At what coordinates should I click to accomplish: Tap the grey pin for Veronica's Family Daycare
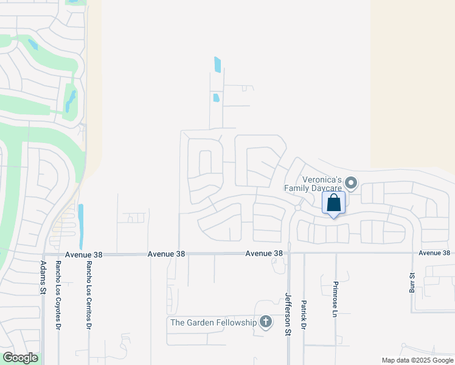[x=351, y=182]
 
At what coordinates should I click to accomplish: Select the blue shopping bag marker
[x=334, y=203]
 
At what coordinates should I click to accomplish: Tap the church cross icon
[x=265, y=322]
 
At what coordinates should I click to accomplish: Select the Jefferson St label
[x=288, y=314]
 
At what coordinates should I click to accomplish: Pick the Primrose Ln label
[x=335, y=299]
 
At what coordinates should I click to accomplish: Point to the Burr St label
[x=412, y=283]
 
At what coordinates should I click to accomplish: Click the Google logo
[x=20, y=358]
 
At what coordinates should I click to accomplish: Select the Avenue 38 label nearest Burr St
[x=434, y=253]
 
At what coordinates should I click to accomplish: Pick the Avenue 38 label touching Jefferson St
[x=265, y=253]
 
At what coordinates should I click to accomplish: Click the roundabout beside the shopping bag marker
[x=298, y=207]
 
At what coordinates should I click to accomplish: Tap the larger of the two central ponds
[x=217, y=64]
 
